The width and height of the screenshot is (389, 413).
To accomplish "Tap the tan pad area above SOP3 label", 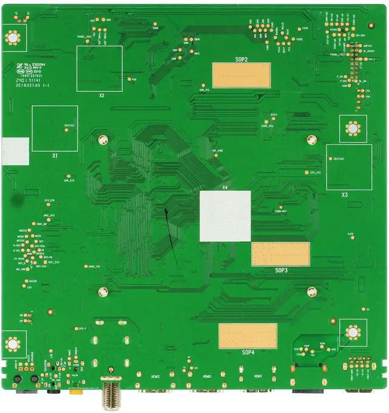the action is point(280,254).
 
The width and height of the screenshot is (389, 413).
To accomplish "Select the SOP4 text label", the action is point(247,352).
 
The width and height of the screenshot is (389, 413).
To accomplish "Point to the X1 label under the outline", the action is point(54,156).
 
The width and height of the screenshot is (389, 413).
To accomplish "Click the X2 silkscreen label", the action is point(102,95).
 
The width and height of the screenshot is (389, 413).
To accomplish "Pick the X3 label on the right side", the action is point(345,195).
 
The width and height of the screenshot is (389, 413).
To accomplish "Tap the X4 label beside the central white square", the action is point(225,187).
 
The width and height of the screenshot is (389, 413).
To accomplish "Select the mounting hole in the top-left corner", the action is point(12,38).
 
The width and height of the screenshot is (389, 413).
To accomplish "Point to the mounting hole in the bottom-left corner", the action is point(12,343).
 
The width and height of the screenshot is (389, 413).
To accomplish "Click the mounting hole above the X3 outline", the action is point(353,128).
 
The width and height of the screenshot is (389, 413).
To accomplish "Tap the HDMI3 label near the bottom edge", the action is point(156,377).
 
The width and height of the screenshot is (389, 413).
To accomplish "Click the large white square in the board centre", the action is point(225,215).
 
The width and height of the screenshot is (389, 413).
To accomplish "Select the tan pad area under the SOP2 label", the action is point(241,74).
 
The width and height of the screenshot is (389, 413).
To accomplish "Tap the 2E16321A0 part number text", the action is point(35,86).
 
